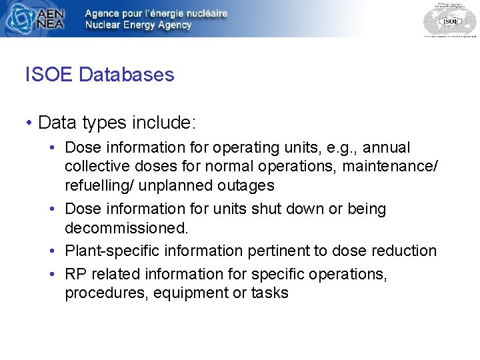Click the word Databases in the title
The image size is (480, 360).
127,75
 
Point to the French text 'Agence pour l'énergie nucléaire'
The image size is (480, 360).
156,13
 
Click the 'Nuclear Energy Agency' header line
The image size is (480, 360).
138,25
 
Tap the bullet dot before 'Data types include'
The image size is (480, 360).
29,123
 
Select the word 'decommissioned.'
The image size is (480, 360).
127,228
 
